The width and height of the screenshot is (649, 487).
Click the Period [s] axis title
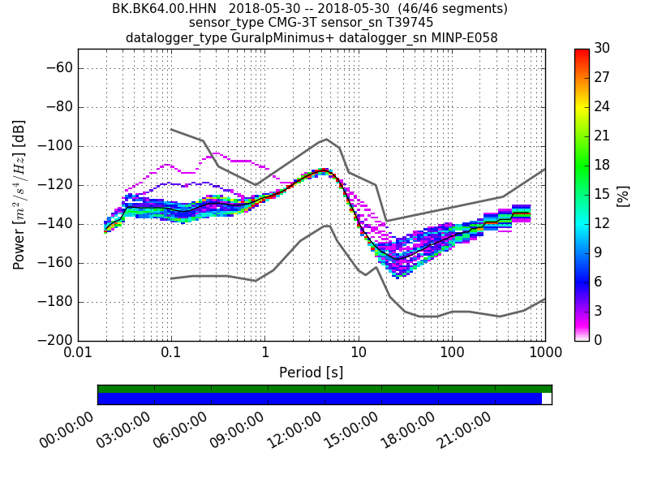(312, 373)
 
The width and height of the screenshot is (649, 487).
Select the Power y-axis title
(19, 195)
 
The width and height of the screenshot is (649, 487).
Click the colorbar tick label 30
(601, 49)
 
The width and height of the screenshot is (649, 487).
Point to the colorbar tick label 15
(601, 195)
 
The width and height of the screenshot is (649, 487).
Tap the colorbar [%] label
(623, 195)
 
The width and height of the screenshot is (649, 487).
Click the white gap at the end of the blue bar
(547, 399)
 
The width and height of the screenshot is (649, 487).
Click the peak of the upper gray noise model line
(326, 140)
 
